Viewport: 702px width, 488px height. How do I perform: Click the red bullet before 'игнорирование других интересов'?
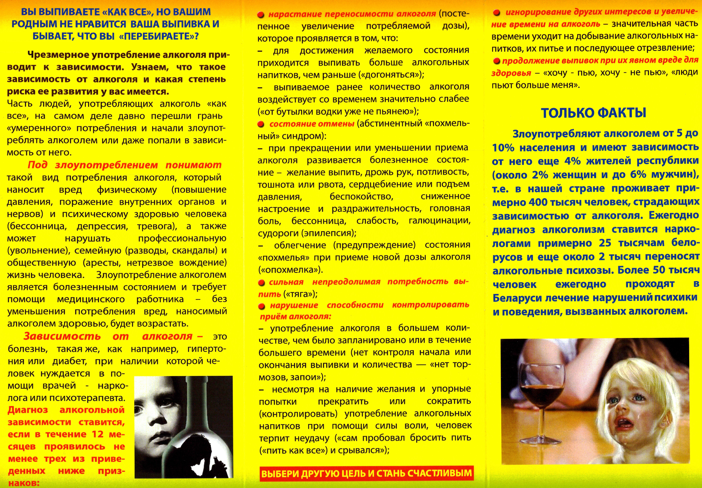point(497,12)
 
